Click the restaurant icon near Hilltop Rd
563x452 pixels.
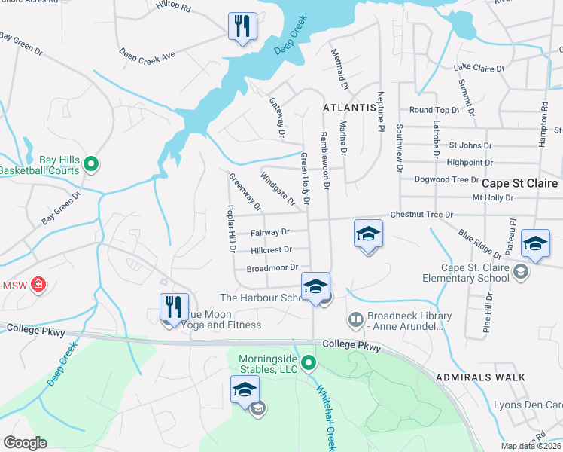pos(242,27)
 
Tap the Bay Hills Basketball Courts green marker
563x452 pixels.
pos(90,163)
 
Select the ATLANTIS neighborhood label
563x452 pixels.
pos(349,108)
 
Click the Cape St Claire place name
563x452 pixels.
pos(519,183)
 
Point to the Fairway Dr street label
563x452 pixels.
pos(270,233)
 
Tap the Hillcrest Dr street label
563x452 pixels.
pos(271,249)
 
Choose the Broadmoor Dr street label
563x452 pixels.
pos(272,267)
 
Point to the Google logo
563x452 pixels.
pos(25,443)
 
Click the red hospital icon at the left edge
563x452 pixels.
pos(38,286)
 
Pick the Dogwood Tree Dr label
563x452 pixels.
pos(446,179)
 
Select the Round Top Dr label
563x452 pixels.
pos(434,110)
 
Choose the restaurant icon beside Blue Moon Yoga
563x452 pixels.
pos(174,307)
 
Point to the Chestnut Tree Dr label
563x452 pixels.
pos(421,215)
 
